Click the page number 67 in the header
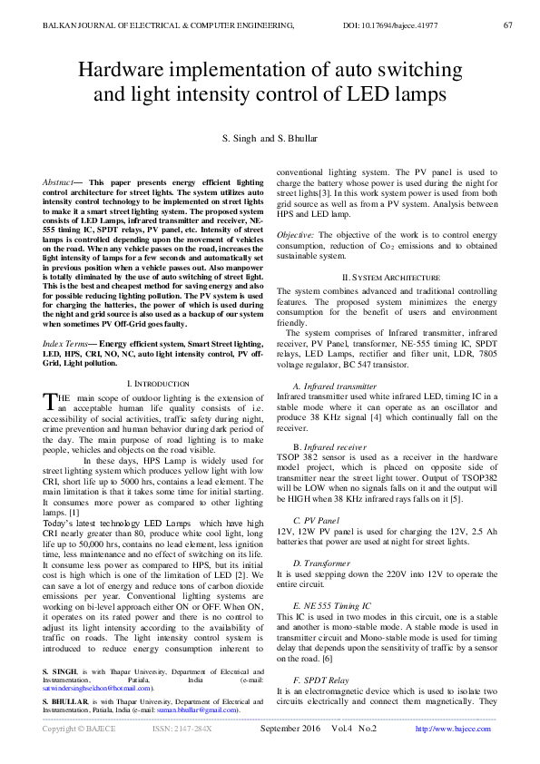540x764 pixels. [507, 24]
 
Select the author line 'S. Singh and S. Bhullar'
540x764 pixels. [270, 138]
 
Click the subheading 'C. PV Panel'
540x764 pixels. [309, 520]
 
